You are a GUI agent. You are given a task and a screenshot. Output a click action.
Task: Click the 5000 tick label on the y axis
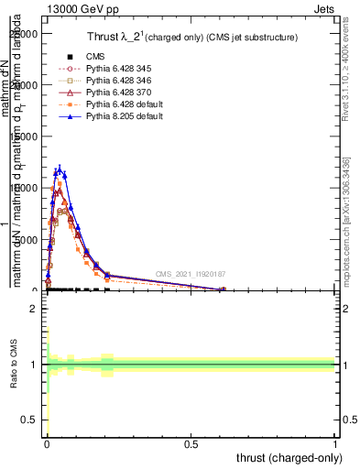(27, 240)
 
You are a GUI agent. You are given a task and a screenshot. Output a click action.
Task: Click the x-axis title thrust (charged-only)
(290, 457)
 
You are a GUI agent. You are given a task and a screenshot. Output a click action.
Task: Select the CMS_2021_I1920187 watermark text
(191, 274)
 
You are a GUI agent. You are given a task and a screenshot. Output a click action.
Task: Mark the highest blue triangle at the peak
(60, 169)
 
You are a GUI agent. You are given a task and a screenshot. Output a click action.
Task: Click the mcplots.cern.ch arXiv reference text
(345, 220)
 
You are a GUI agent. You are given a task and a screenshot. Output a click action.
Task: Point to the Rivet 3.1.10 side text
(345, 69)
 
